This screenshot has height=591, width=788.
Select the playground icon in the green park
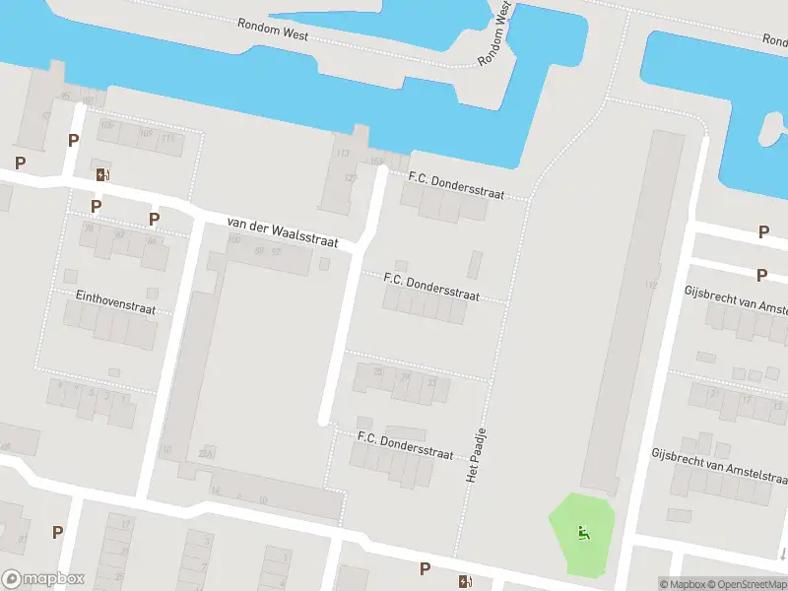coord(583,534)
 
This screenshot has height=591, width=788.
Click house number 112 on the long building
coord(650,286)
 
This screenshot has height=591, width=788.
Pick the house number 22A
coord(206,453)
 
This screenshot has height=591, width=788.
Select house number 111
coord(168,137)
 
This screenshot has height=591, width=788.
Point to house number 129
coord(350,178)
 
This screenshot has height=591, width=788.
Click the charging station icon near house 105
coord(103,175)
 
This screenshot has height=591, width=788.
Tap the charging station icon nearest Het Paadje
coord(464,580)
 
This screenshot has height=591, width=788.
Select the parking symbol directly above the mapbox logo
coord(57,532)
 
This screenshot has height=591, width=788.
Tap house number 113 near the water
coord(343,154)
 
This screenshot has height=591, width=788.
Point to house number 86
coord(151,241)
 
